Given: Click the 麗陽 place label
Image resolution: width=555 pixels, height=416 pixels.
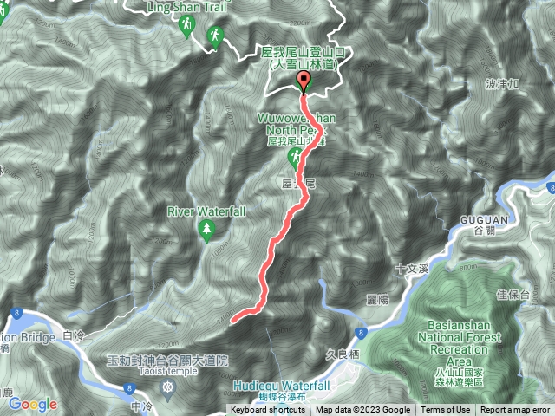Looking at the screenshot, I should point(376,298).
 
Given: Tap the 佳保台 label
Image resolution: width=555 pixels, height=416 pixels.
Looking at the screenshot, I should point(513,295).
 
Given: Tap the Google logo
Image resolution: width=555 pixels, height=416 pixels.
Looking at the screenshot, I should point(32,404).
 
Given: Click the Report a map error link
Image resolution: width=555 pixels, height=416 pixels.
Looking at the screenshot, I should point(516,410).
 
